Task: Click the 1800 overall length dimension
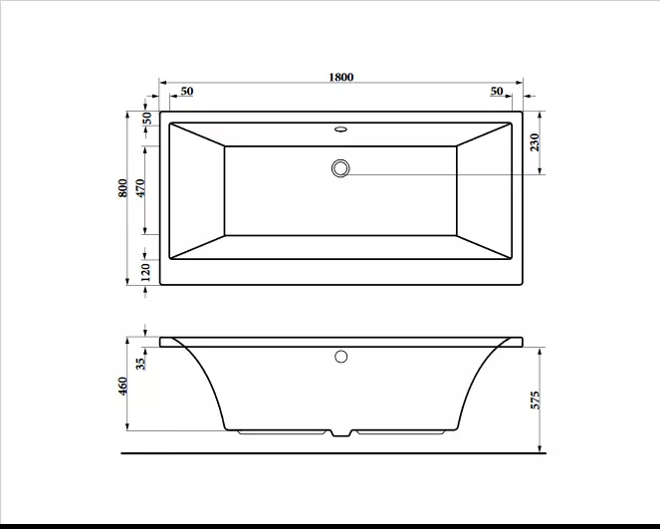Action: [x=340, y=77]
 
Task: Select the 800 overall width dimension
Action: [x=122, y=188]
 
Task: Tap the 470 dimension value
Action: [x=140, y=188]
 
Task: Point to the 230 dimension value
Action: [x=535, y=142]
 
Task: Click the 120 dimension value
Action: [x=145, y=272]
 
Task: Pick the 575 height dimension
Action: [x=535, y=400]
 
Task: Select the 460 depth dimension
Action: [x=122, y=386]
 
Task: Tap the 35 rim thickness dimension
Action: [x=141, y=362]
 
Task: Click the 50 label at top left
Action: [x=187, y=91]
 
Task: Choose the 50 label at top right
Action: [x=497, y=91]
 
